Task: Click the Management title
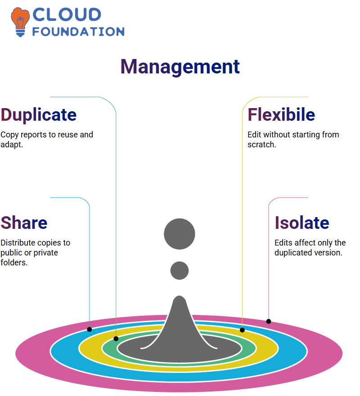click(180, 67)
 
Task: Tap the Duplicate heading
click(39, 115)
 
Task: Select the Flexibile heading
click(281, 115)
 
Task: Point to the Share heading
click(24, 223)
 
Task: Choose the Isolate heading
click(302, 223)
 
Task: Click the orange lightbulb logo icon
click(20, 22)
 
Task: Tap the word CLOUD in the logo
click(67, 14)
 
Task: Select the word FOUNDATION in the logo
click(78, 32)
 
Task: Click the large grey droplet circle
click(180, 234)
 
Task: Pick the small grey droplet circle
click(180, 270)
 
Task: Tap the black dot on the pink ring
click(269, 322)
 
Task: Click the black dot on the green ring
click(116, 339)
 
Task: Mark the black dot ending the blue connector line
click(89, 329)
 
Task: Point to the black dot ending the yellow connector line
click(242, 330)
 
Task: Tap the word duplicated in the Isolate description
click(293, 253)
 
